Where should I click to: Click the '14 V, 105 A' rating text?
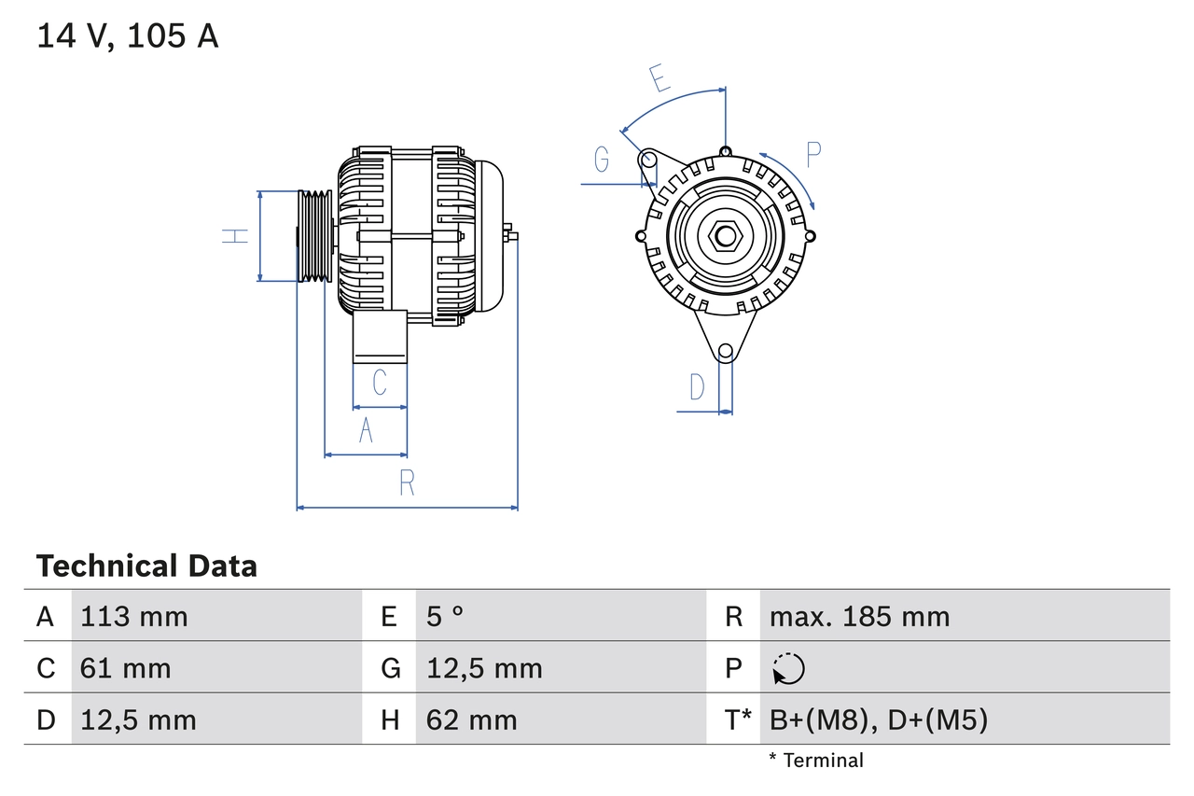pos(128,36)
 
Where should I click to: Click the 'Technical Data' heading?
pos(146,566)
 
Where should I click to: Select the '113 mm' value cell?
pos(134,616)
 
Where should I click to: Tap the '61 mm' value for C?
pos(126,668)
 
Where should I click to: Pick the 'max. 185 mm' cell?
pos(859,616)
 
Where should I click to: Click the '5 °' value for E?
pos(445,616)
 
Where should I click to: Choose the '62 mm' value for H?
pos(471,719)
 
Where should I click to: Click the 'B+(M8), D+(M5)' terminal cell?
pos(878,719)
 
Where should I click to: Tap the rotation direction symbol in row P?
pos(788,668)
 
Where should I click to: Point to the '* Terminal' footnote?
pos(816,760)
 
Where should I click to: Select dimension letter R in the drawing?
pos(407,483)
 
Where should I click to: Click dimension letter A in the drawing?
pos(366,431)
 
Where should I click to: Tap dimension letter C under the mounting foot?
pos(380,383)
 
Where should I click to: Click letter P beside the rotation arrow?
pos(813,154)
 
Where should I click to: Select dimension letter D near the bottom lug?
pos(697,386)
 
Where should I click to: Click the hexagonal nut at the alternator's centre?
pos(725,235)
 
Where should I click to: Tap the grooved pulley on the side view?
pos(315,236)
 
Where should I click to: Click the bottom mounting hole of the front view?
pos(725,352)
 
